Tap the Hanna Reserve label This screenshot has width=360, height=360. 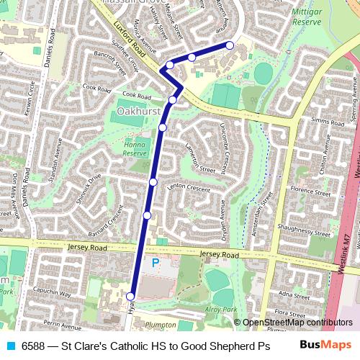tap(135, 148)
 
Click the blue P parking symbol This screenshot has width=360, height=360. tap(155, 264)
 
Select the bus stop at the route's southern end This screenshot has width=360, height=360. tap(131, 296)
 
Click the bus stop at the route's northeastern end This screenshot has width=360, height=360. tap(230, 45)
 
